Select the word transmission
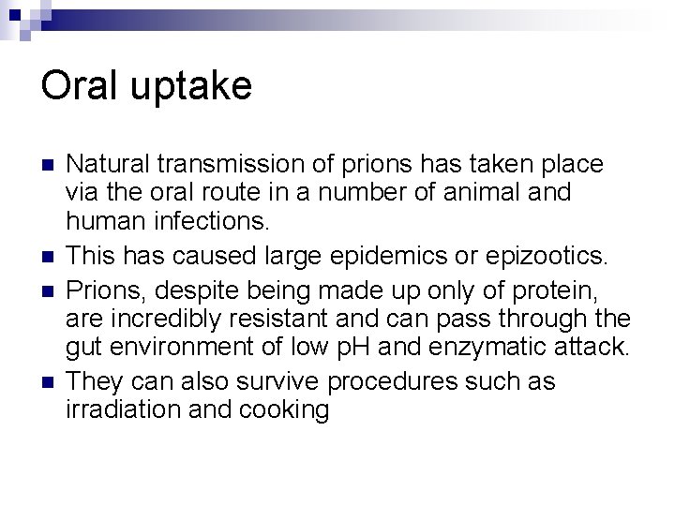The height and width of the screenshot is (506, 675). pyautogui.click(x=233, y=165)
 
